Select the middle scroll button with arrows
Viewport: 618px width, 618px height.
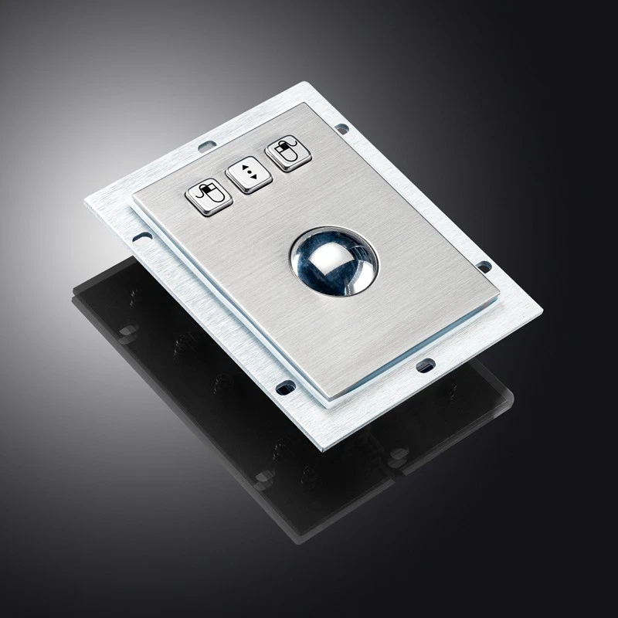pos(248,175)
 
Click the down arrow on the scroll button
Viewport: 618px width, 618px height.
pos(248,180)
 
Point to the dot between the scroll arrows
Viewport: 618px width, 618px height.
pos(248,175)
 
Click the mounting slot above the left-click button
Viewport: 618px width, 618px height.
pos(205,144)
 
